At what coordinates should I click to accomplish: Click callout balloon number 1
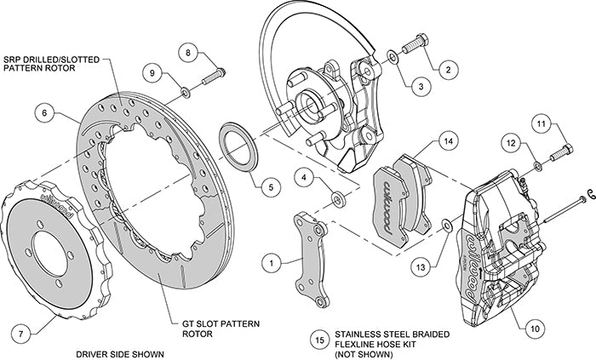(x=271, y=265)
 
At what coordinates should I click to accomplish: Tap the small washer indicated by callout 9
(x=185, y=89)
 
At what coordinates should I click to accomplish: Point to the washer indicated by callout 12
(x=537, y=163)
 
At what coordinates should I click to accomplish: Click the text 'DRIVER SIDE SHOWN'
(x=117, y=352)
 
